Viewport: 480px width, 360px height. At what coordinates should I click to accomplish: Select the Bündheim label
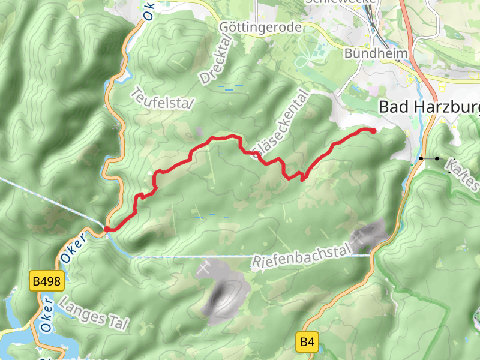(376, 53)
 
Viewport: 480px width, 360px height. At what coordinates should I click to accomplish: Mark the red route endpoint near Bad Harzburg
(373, 131)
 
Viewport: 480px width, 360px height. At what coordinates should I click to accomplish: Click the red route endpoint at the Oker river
(107, 229)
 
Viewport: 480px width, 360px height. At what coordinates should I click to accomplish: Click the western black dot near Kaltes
(421, 158)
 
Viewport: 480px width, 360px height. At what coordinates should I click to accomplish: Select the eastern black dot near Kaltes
(437, 158)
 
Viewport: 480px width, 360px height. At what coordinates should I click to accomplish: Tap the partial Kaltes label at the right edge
(463, 175)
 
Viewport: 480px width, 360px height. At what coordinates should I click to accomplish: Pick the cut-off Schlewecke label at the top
(340, 2)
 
